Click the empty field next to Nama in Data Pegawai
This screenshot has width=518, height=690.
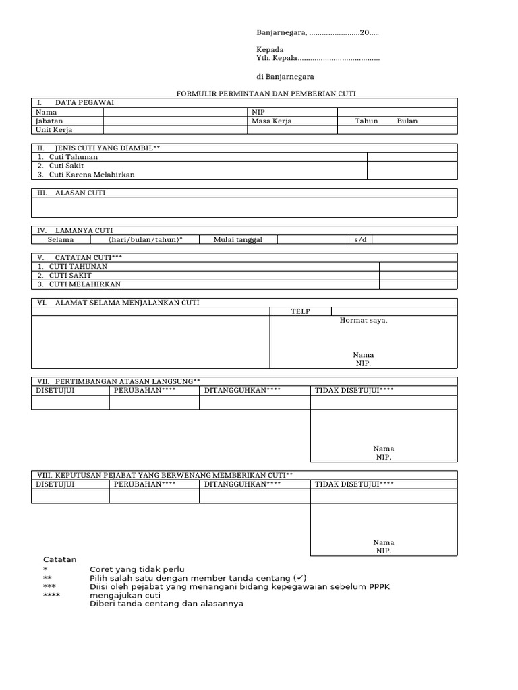click(x=175, y=112)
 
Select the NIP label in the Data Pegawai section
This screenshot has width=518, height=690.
click(x=258, y=112)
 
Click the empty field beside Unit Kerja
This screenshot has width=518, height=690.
click(x=175, y=129)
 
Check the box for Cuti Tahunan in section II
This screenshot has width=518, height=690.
click(x=411, y=157)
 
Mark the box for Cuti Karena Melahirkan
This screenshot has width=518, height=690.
click(x=411, y=175)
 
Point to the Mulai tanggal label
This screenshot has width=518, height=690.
click(x=237, y=239)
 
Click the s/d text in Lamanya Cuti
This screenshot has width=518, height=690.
click(x=358, y=239)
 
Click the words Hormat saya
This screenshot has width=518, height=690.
click(x=364, y=321)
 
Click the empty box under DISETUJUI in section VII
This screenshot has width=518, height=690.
click(x=70, y=402)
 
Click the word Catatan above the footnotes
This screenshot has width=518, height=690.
click(x=60, y=559)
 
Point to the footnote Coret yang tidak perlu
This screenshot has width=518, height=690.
click(x=137, y=569)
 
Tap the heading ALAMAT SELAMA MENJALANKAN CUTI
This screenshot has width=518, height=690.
click(x=127, y=303)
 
